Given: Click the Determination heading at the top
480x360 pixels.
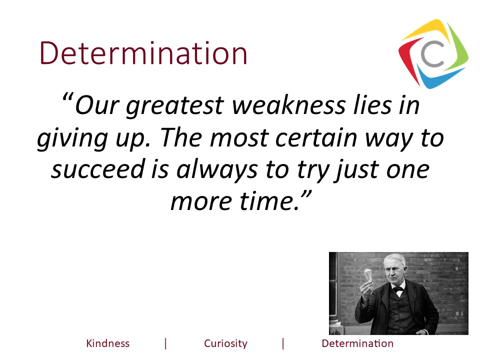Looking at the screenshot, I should (143, 54).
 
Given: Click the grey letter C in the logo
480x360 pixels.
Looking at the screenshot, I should (433, 55).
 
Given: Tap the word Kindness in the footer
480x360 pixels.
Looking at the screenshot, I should (107, 343).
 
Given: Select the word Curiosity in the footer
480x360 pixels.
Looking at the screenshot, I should (225, 343).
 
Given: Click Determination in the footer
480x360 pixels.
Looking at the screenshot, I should (357, 343).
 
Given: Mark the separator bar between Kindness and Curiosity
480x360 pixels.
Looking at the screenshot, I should (165, 343).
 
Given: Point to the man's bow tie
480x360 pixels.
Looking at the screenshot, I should (398, 289).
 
